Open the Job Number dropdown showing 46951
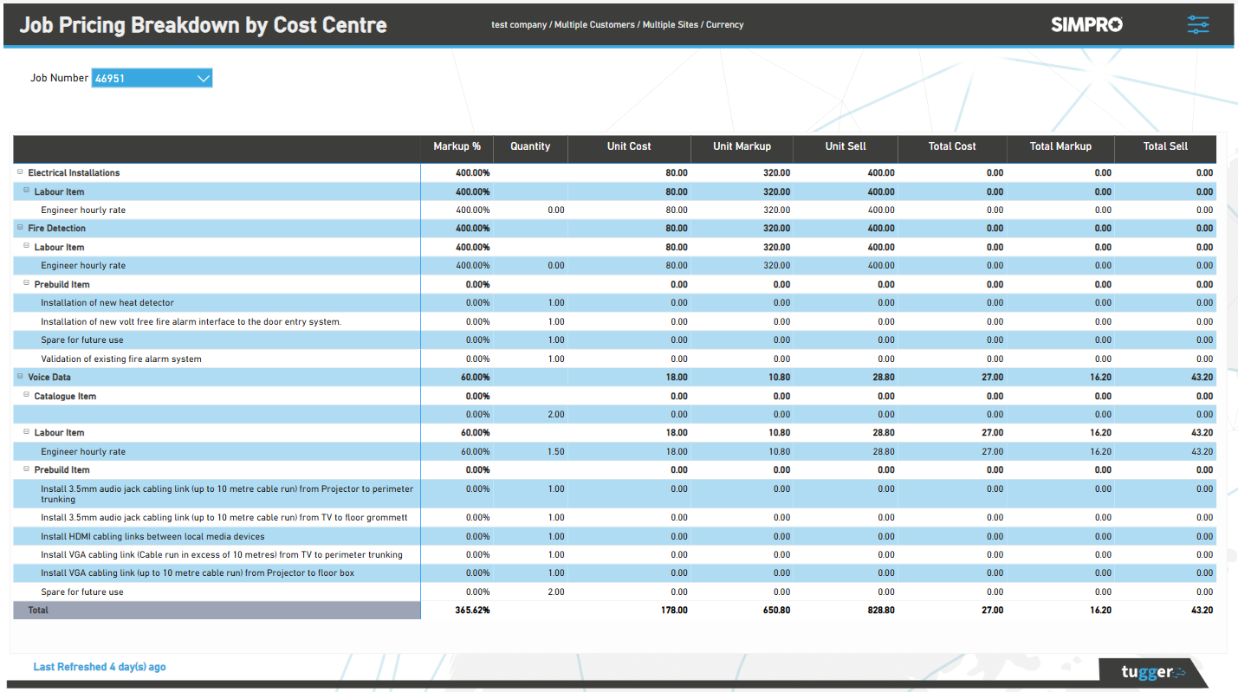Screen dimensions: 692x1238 tap(152, 79)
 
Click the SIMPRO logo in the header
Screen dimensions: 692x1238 tap(1086, 25)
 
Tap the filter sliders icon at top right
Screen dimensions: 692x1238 tap(1198, 25)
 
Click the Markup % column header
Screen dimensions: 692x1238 tap(457, 146)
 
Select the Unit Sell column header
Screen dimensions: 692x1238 tap(845, 146)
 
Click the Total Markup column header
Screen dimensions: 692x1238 tap(1060, 146)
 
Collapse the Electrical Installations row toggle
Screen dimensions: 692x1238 tap(21, 172)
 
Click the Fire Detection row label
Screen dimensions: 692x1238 tap(56, 229)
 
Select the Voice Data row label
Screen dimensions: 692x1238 tap(49, 378)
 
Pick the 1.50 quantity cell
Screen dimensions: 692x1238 tap(555, 452)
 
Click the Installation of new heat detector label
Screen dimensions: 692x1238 tap(107, 303)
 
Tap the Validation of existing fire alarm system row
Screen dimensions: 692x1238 tap(120, 359)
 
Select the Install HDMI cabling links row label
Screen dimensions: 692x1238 tap(152, 537)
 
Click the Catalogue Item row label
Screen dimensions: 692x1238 tap(65, 397)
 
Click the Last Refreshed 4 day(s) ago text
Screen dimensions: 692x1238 tap(100, 667)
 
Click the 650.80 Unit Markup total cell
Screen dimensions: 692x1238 tap(778, 611)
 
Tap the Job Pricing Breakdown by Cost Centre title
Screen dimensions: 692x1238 tap(203, 25)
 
